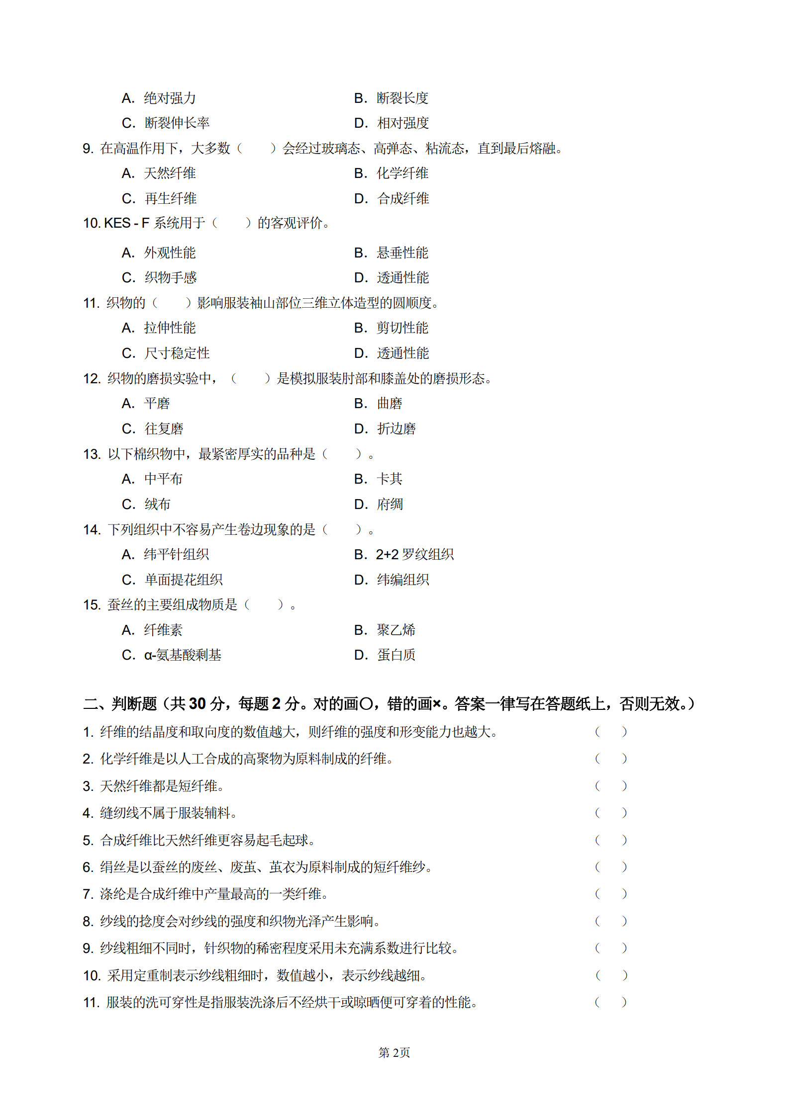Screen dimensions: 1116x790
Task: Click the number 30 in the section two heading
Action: (x=197, y=703)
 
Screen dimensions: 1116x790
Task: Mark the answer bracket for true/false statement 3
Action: (x=610, y=786)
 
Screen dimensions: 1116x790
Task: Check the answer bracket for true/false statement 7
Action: (x=610, y=894)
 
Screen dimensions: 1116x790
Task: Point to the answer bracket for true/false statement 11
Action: (x=610, y=1002)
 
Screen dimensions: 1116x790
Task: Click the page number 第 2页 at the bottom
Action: (x=394, y=1052)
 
